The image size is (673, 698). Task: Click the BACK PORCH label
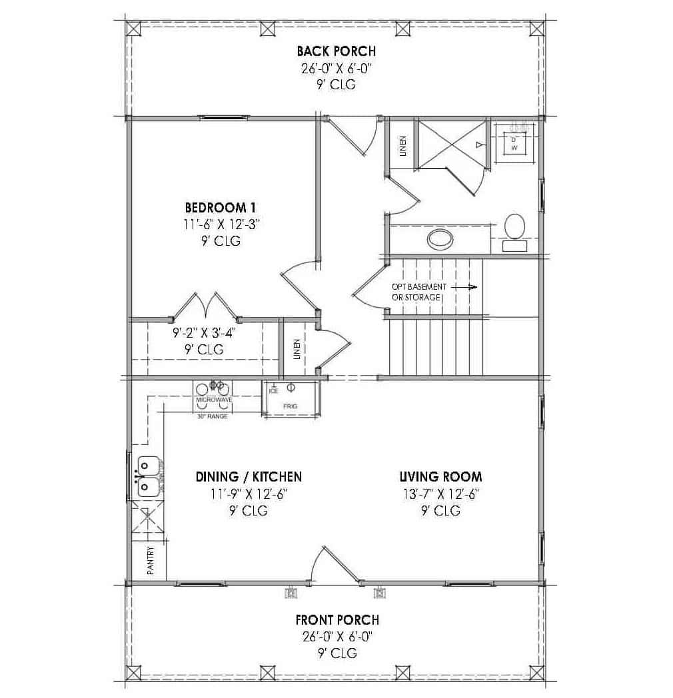336,51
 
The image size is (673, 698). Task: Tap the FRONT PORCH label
337,619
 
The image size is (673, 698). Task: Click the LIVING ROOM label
440,477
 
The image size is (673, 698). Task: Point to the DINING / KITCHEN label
249,477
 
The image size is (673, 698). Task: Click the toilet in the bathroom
514,228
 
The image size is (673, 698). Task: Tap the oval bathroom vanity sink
440,237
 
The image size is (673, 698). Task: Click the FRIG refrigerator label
290,406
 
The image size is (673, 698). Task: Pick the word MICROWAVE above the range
213,400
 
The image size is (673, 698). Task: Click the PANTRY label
150,561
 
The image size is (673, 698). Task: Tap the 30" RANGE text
213,416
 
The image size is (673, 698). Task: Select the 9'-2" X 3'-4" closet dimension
204,330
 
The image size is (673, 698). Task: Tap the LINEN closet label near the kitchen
297,349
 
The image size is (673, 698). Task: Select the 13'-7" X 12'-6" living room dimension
440,494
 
